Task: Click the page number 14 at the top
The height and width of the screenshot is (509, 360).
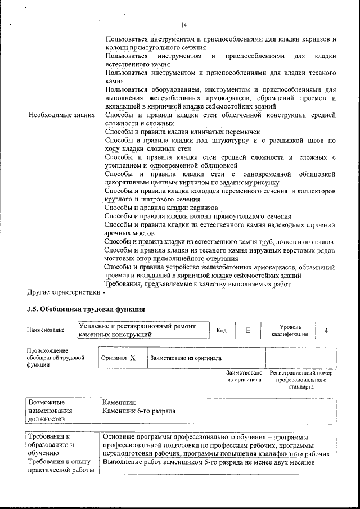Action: coord(184,25)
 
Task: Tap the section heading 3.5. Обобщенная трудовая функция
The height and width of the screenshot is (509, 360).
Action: coord(86,309)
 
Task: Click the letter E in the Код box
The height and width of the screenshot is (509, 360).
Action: coord(247,330)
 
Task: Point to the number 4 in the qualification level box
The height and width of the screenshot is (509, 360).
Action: coord(326,330)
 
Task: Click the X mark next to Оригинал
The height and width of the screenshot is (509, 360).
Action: coord(133,357)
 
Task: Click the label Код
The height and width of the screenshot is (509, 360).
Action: coord(222,330)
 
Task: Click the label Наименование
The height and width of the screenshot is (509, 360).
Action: coord(44,330)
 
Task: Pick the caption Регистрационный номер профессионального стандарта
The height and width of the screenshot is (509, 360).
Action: coord(301,380)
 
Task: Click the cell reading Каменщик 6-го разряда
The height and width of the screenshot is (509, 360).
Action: coord(139,411)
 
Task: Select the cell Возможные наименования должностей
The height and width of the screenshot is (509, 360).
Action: coord(49,411)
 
